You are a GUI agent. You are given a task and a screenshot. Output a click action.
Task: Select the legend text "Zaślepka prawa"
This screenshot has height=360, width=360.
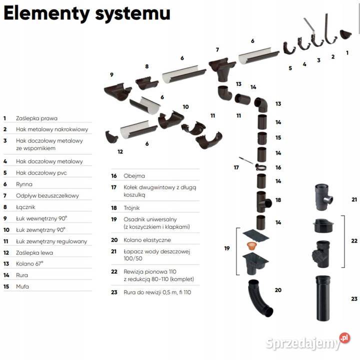36,118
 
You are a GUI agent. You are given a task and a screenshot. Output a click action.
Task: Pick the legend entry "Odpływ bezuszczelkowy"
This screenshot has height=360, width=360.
47,195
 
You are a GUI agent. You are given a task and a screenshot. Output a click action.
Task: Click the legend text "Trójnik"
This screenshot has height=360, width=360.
132,207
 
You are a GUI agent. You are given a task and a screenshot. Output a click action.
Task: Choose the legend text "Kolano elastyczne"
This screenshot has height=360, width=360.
147,240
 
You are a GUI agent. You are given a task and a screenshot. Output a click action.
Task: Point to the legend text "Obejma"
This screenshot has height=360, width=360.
134,176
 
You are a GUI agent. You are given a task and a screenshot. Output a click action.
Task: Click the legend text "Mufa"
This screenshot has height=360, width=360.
23,286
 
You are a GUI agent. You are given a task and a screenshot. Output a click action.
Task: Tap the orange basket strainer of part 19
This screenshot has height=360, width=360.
252,245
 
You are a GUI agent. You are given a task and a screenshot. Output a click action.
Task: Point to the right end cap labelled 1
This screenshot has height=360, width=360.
344,34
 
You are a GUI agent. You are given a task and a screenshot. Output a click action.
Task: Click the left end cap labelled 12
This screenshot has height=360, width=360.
111,136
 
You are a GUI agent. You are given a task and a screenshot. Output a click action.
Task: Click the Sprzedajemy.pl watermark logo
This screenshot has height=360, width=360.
308,343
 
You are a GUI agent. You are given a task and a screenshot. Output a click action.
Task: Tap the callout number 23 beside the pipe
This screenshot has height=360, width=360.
354,299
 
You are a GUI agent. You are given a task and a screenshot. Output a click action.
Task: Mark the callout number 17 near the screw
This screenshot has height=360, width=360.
236,167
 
